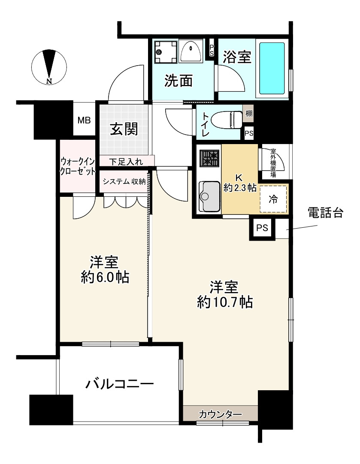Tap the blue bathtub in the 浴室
coord(272,68)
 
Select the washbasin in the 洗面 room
coord(191,51)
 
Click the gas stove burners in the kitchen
coord(209,158)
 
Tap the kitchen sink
coord(209,196)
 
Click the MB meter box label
coord(84,121)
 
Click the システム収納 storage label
coord(124,181)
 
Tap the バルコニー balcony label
coord(119,383)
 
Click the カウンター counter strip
coord(221,414)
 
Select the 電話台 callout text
coord(326,213)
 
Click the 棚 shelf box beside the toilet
coord(249,113)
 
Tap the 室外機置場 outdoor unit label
coord(272,163)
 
